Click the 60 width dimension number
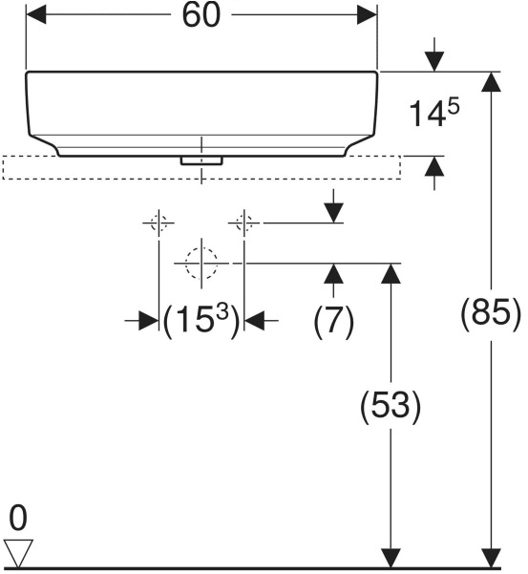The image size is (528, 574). coord(201,15)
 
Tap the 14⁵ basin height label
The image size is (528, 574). coord(434,113)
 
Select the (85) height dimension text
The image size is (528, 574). coord(491,313)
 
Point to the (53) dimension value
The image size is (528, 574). coord(391,406)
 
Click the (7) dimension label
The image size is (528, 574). coord(334,321)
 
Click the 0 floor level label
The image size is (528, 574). coord(18,518)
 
